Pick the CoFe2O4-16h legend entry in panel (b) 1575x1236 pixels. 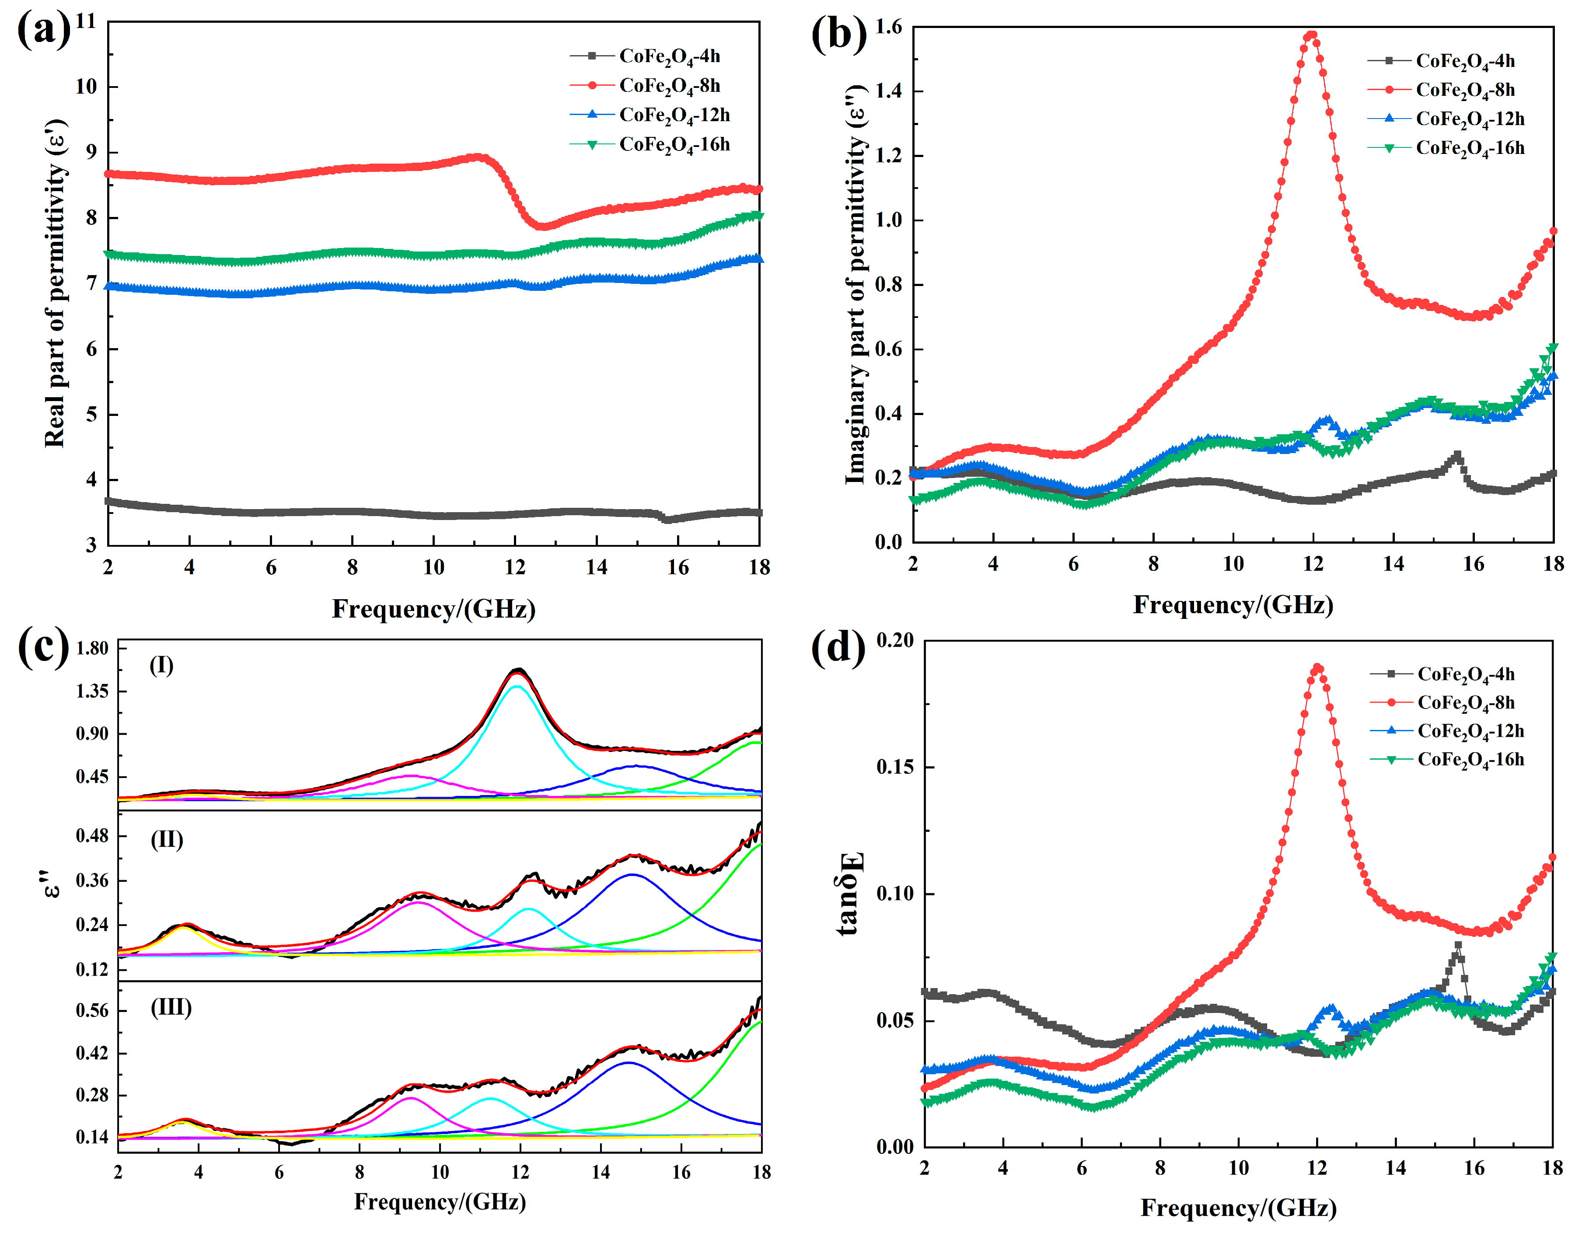[1446, 148]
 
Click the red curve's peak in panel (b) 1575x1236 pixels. [1311, 35]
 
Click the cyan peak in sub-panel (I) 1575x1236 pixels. [517, 686]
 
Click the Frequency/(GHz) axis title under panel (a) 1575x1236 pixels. [433, 609]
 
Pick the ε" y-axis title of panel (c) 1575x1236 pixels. [51, 884]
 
